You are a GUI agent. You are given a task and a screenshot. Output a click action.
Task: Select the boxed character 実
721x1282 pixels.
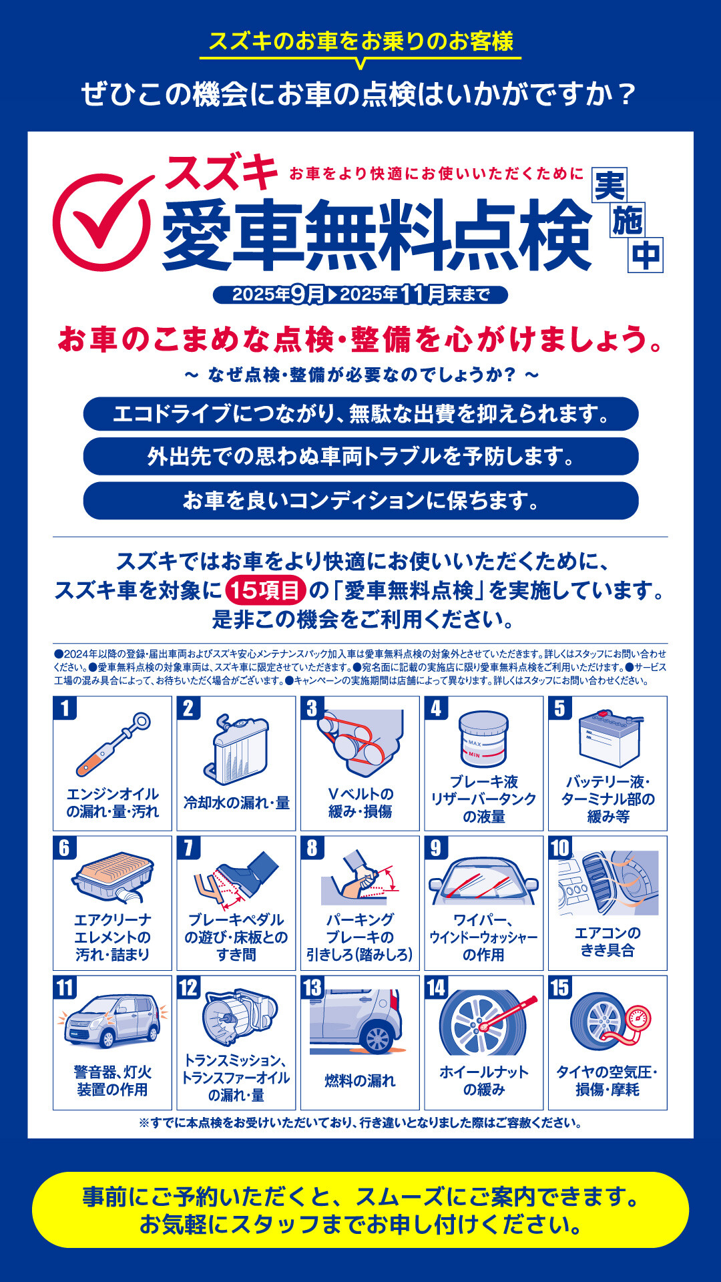[x=610, y=185]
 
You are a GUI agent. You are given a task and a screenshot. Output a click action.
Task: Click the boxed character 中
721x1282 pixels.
[x=646, y=255]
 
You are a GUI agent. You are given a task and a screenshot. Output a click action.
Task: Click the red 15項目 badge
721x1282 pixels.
[x=266, y=590]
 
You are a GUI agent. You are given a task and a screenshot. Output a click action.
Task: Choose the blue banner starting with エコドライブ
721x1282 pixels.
[x=360, y=414]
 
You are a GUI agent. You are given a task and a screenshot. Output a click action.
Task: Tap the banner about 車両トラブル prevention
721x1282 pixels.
[x=360, y=457]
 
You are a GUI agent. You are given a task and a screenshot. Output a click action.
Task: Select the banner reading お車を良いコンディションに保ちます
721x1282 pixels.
[x=360, y=501]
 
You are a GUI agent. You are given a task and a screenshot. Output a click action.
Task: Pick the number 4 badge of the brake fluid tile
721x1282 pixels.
[x=436, y=708]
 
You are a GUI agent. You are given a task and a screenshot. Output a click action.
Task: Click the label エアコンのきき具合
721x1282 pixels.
[x=608, y=941]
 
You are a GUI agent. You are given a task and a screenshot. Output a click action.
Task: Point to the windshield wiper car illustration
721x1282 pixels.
[x=483, y=881]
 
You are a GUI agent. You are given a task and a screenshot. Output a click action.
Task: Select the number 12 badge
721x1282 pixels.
[x=189, y=987]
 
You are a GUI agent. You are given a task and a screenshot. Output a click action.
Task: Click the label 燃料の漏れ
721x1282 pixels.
[x=360, y=1080]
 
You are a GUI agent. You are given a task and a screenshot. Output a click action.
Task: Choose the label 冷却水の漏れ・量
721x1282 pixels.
[x=236, y=803]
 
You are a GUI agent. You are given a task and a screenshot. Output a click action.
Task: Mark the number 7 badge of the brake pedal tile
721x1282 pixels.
[x=188, y=847]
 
